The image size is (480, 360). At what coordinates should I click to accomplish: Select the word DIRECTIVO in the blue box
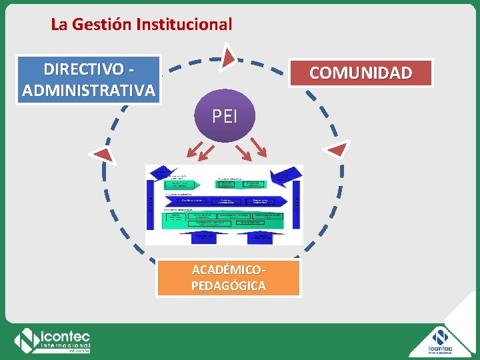tap(83, 69)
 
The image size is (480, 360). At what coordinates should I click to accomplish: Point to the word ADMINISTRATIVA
tap(89, 89)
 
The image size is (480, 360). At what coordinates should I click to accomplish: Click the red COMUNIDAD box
tap(360, 73)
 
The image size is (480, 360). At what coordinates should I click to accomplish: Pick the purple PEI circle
tap(224, 116)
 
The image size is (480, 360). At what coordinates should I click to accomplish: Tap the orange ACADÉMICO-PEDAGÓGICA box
tap(229, 278)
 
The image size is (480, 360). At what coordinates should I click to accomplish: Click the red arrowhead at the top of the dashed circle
tap(229, 57)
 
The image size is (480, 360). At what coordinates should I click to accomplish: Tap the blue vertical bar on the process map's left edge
tap(149, 203)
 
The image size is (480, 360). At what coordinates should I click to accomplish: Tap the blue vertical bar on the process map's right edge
tap(297, 203)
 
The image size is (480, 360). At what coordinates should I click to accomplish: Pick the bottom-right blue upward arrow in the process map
tap(260, 237)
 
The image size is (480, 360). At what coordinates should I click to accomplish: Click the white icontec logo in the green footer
tap(53, 341)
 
